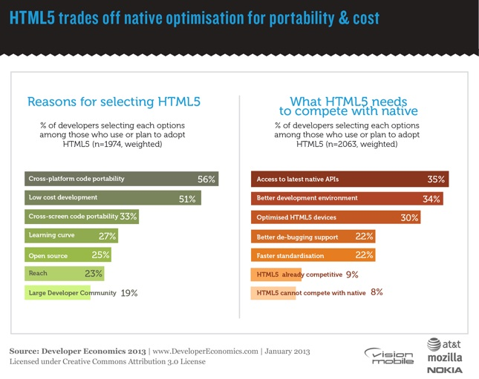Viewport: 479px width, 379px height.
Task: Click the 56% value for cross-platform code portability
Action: [206, 179]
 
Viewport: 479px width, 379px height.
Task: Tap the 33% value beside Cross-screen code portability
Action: [128, 217]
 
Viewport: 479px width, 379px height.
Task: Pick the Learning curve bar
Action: [71, 236]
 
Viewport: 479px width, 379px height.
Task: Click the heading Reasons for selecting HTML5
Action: [114, 101]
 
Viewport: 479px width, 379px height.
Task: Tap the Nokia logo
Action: [444, 369]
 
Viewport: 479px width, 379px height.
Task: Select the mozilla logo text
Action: [444, 356]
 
